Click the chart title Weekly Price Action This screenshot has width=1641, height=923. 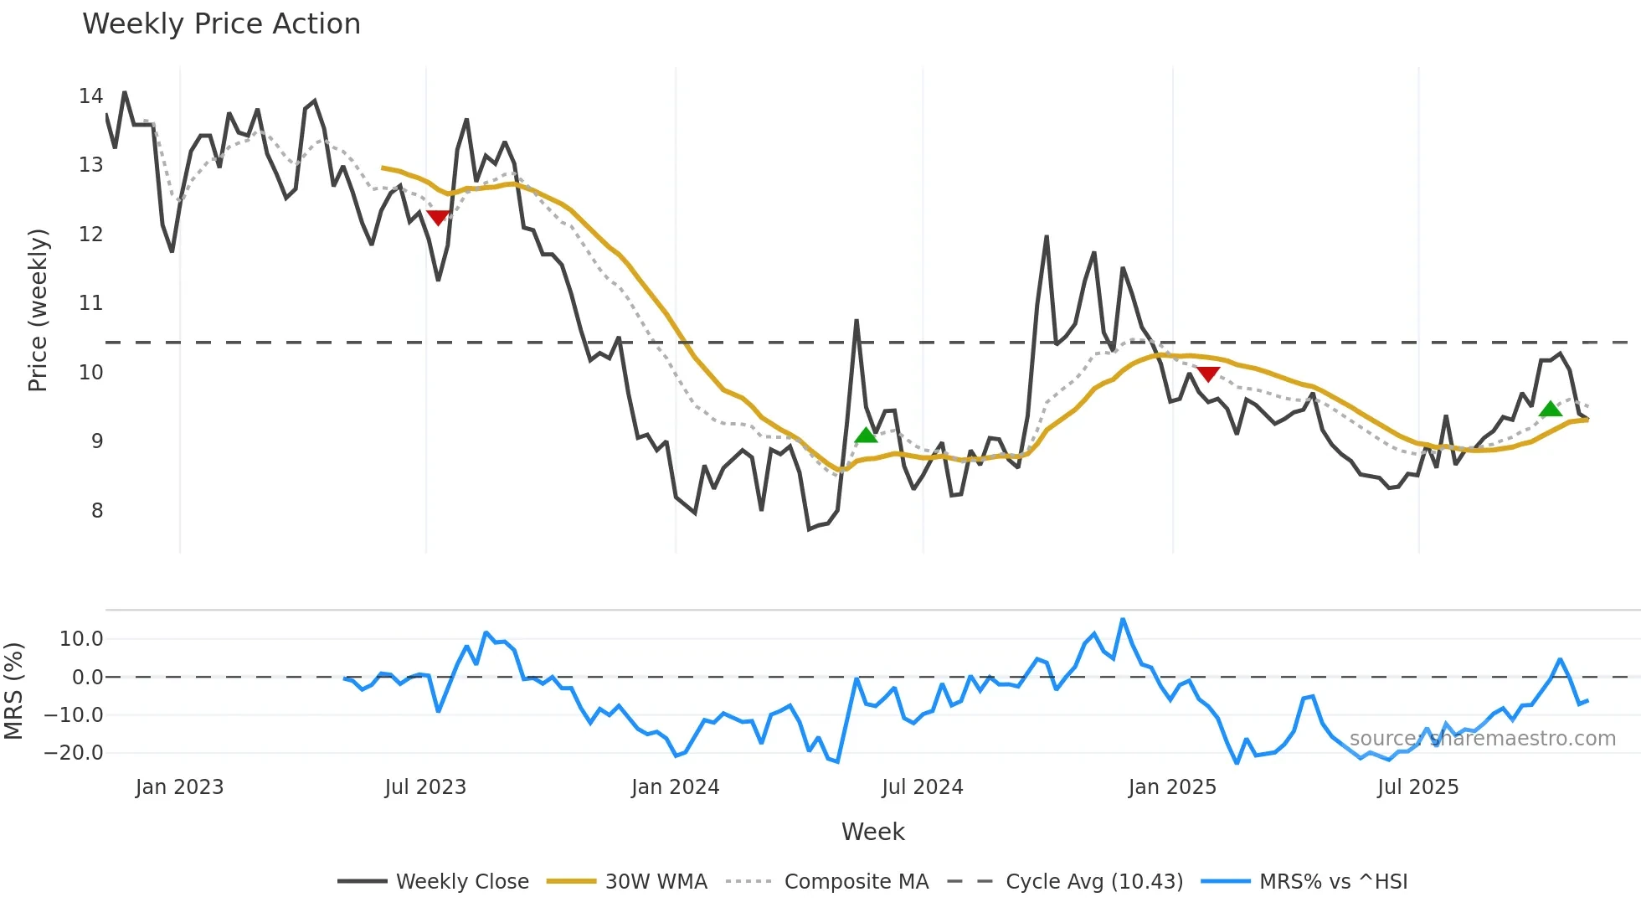click(x=221, y=24)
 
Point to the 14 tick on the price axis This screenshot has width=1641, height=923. click(x=91, y=96)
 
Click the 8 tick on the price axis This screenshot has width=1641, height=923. click(x=97, y=511)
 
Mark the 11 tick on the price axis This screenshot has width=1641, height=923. click(x=91, y=303)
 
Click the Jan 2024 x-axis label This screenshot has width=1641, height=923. click(x=675, y=787)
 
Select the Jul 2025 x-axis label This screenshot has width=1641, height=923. click(x=1417, y=787)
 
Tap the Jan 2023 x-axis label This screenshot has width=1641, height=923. click(x=179, y=787)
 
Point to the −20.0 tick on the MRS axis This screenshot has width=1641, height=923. click(x=74, y=753)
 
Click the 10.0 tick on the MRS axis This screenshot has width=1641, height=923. click(x=81, y=639)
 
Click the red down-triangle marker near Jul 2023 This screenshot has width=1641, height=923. click(x=438, y=218)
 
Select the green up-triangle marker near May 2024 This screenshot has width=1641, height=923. click(x=866, y=435)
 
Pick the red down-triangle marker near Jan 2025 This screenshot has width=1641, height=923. click(x=1207, y=374)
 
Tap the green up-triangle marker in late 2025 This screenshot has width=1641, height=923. click(x=1551, y=409)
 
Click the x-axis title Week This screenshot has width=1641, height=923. click(x=872, y=832)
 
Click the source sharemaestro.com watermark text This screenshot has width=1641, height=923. click(x=1482, y=739)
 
